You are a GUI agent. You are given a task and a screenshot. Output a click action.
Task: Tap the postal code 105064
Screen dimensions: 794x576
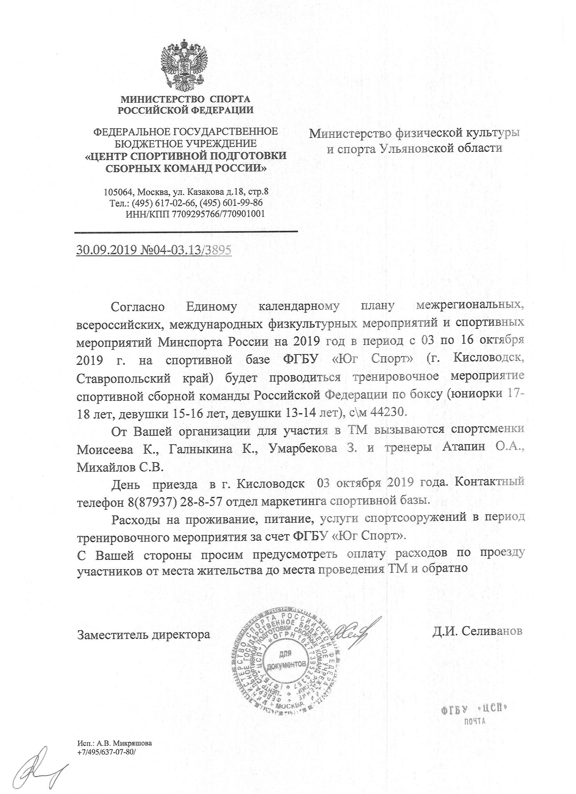118,192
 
